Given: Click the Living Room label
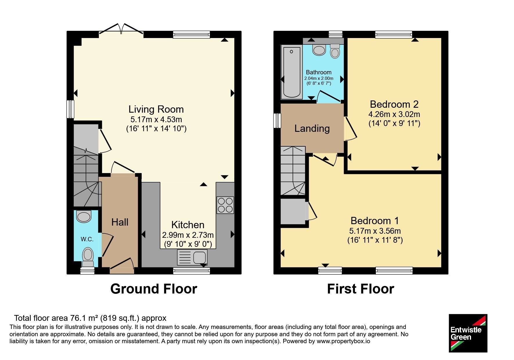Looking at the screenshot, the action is pyautogui.click(x=156, y=109).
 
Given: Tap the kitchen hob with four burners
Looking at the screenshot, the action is pyautogui.click(x=225, y=205).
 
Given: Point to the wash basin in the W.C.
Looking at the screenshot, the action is pyautogui.click(x=84, y=217).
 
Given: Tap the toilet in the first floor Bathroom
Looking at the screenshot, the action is pyautogui.click(x=335, y=51).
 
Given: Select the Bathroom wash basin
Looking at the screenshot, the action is pyautogui.click(x=319, y=50).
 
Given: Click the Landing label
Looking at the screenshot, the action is pyautogui.click(x=312, y=128).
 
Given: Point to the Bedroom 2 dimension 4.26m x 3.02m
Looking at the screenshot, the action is pyautogui.click(x=394, y=114).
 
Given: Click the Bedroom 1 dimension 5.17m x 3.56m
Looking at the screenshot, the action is pyautogui.click(x=375, y=231).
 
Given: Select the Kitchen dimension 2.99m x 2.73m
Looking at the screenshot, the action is pyautogui.click(x=188, y=235).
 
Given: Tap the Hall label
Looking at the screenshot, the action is pyautogui.click(x=120, y=222).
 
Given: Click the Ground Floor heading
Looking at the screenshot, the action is pyautogui.click(x=154, y=289).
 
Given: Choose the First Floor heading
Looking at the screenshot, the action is pyautogui.click(x=360, y=289).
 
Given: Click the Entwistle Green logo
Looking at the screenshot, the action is pyautogui.click(x=468, y=333).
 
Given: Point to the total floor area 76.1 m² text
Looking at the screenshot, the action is pyautogui.click(x=90, y=318).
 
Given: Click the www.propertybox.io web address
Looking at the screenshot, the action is pyautogui.click(x=343, y=341).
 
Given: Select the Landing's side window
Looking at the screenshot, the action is pyautogui.click(x=277, y=120).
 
